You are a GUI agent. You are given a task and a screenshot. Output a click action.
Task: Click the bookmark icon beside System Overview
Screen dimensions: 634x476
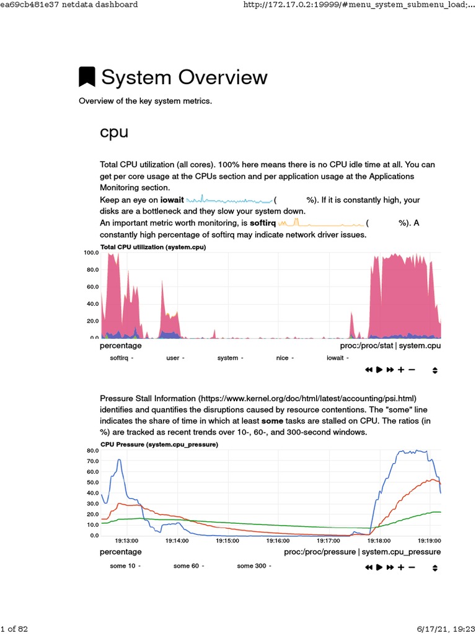pyautogui.click(x=87, y=77)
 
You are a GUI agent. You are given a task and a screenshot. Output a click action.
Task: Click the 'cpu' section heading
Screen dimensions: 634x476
pyautogui.click(x=114, y=133)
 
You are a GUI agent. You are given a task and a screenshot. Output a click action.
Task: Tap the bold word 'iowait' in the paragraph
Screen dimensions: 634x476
pyautogui.click(x=172, y=200)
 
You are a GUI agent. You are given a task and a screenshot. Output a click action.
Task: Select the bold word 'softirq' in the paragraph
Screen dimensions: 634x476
pyautogui.click(x=263, y=222)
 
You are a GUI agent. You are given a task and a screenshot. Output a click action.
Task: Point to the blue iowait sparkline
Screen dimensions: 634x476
pyautogui.click(x=229, y=200)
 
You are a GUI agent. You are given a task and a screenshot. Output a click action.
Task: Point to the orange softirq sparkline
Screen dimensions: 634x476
pyautogui.click(x=320, y=222)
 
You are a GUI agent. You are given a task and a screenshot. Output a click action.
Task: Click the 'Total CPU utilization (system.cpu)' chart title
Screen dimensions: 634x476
pyautogui.click(x=152, y=246)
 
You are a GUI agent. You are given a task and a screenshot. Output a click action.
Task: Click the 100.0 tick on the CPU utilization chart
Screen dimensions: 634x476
pyautogui.click(x=91, y=253)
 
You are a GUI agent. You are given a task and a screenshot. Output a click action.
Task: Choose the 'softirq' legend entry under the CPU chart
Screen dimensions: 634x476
pyautogui.click(x=120, y=358)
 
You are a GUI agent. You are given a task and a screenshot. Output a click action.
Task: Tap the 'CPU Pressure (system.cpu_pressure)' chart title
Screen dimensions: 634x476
pyautogui.click(x=159, y=445)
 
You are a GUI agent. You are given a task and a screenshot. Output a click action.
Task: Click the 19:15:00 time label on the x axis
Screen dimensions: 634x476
pyautogui.click(x=227, y=541)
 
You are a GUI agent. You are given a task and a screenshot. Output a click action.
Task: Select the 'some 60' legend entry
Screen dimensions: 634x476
pyautogui.click(x=187, y=566)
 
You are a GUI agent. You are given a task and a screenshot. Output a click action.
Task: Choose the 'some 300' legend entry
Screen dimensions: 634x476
pyautogui.click(x=253, y=566)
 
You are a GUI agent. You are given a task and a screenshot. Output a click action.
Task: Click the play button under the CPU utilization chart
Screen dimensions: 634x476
pyautogui.click(x=379, y=370)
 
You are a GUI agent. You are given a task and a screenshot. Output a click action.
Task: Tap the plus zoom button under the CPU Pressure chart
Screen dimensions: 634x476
pyautogui.click(x=401, y=567)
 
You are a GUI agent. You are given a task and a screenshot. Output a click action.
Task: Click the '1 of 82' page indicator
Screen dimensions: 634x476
pyautogui.click(x=14, y=629)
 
